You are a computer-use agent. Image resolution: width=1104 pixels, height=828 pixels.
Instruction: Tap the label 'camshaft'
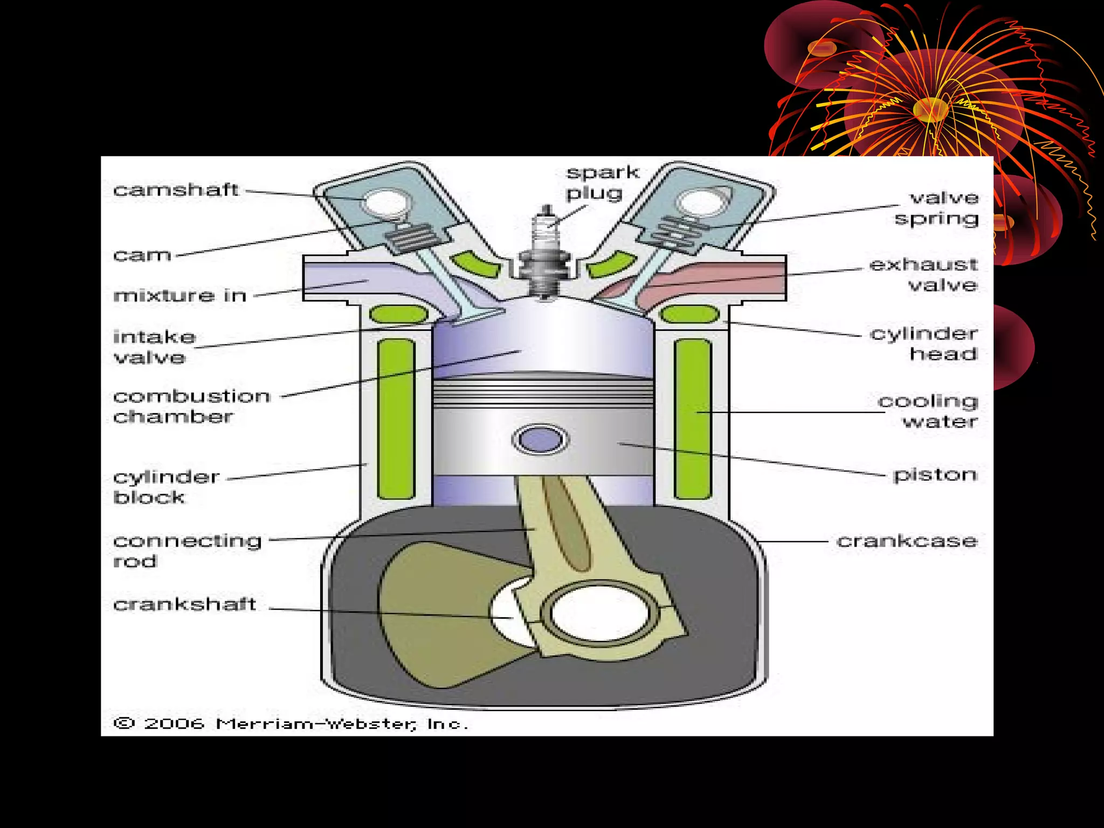(x=176, y=190)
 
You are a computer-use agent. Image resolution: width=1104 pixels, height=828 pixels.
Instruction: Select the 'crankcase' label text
(x=907, y=541)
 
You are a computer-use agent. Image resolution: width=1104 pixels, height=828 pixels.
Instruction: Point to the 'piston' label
(x=935, y=475)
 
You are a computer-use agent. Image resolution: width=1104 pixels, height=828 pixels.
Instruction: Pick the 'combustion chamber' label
(x=192, y=406)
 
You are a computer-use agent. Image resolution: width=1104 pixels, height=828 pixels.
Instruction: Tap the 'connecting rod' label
(x=187, y=550)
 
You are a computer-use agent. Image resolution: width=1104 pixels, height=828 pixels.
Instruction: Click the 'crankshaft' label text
(x=184, y=604)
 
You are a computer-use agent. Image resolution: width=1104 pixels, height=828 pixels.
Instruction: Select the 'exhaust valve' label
(x=924, y=274)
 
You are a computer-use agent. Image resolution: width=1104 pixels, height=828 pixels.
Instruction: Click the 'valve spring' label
(x=937, y=208)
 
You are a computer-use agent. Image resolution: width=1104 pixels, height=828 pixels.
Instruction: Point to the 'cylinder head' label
(x=924, y=343)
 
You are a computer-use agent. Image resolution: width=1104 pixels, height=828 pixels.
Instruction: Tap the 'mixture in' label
(x=180, y=295)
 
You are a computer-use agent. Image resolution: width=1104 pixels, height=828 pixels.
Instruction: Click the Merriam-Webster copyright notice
(x=291, y=723)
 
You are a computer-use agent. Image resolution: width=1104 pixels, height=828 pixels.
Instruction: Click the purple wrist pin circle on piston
(x=540, y=439)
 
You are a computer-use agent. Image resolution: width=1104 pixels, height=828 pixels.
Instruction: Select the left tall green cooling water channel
(x=396, y=419)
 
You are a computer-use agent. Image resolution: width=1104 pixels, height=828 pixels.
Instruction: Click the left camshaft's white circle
(x=386, y=203)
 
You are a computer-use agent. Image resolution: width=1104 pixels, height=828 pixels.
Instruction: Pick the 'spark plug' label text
(x=602, y=182)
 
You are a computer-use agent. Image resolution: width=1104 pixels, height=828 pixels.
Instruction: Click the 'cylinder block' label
(x=166, y=487)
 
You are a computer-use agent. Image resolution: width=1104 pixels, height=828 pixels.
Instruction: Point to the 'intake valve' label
(x=154, y=347)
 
